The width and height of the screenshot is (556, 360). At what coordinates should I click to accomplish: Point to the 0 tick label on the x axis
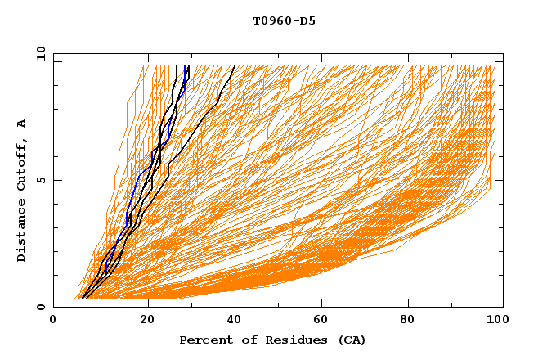coord(53,322)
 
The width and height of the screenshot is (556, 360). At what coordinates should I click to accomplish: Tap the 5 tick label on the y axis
coord(42,180)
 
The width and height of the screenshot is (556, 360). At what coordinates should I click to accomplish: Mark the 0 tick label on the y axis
coord(42,307)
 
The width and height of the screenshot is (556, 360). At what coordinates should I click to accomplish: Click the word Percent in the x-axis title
coord(204,340)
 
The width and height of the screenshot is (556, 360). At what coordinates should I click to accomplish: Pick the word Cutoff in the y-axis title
coord(21,163)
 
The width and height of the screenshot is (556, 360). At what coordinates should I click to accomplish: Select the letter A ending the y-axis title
coord(21,124)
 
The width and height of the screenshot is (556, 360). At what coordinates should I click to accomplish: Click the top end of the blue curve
coord(188,66)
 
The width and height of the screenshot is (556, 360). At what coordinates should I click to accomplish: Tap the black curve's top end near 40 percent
coord(235,66)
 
